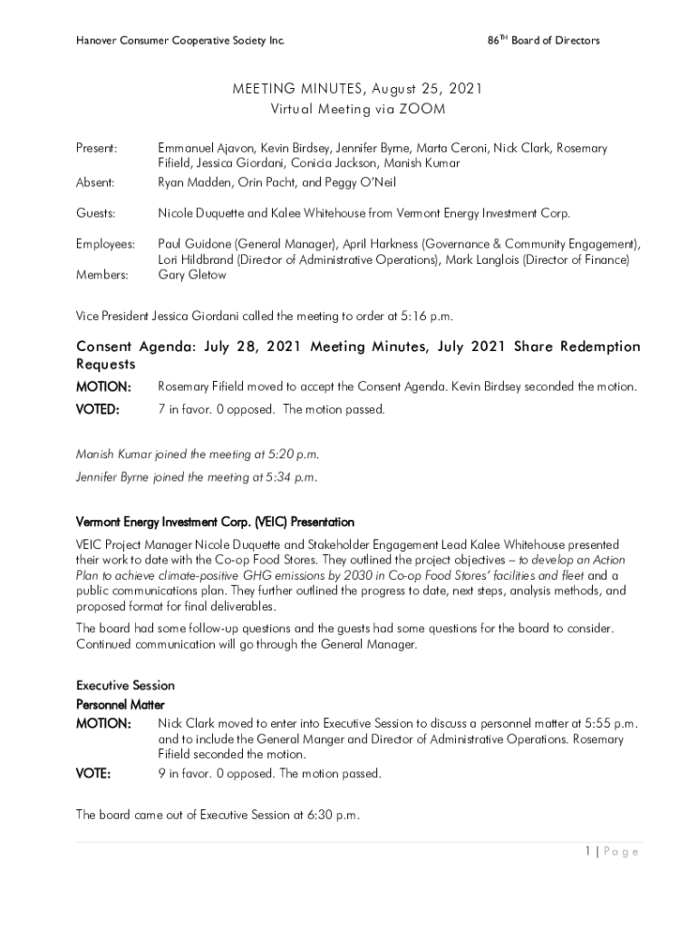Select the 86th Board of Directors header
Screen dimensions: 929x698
(x=543, y=41)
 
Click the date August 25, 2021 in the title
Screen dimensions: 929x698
(x=426, y=89)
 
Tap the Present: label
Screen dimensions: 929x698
(x=96, y=147)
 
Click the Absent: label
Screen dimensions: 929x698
(x=95, y=182)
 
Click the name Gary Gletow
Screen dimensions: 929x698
(x=192, y=275)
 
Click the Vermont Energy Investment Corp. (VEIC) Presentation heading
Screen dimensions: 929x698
(x=215, y=523)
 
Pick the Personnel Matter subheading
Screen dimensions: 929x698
(x=120, y=704)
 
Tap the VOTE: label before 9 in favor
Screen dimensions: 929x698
(x=93, y=774)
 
